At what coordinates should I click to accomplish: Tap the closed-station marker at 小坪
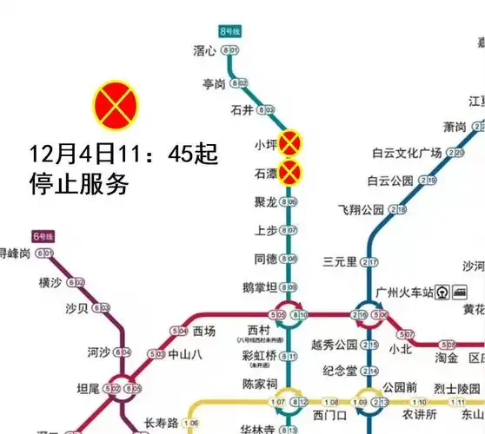[x=289, y=142]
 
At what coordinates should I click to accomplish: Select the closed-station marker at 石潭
[x=289, y=174]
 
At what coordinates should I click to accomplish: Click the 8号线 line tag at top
[x=229, y=30]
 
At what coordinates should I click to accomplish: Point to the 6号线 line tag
[x=43, y=236]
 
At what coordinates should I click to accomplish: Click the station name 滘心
[x=204, y=50]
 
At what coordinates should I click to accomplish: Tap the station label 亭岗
[x=214, y=83]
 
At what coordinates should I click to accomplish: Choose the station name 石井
[x=241, y=110]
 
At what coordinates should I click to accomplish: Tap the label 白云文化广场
[x=407, y=154]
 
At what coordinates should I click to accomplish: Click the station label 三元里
[x=340, y=262]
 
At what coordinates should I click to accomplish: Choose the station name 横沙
[x=50, y=282]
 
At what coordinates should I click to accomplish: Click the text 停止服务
[x=79, y=184]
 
